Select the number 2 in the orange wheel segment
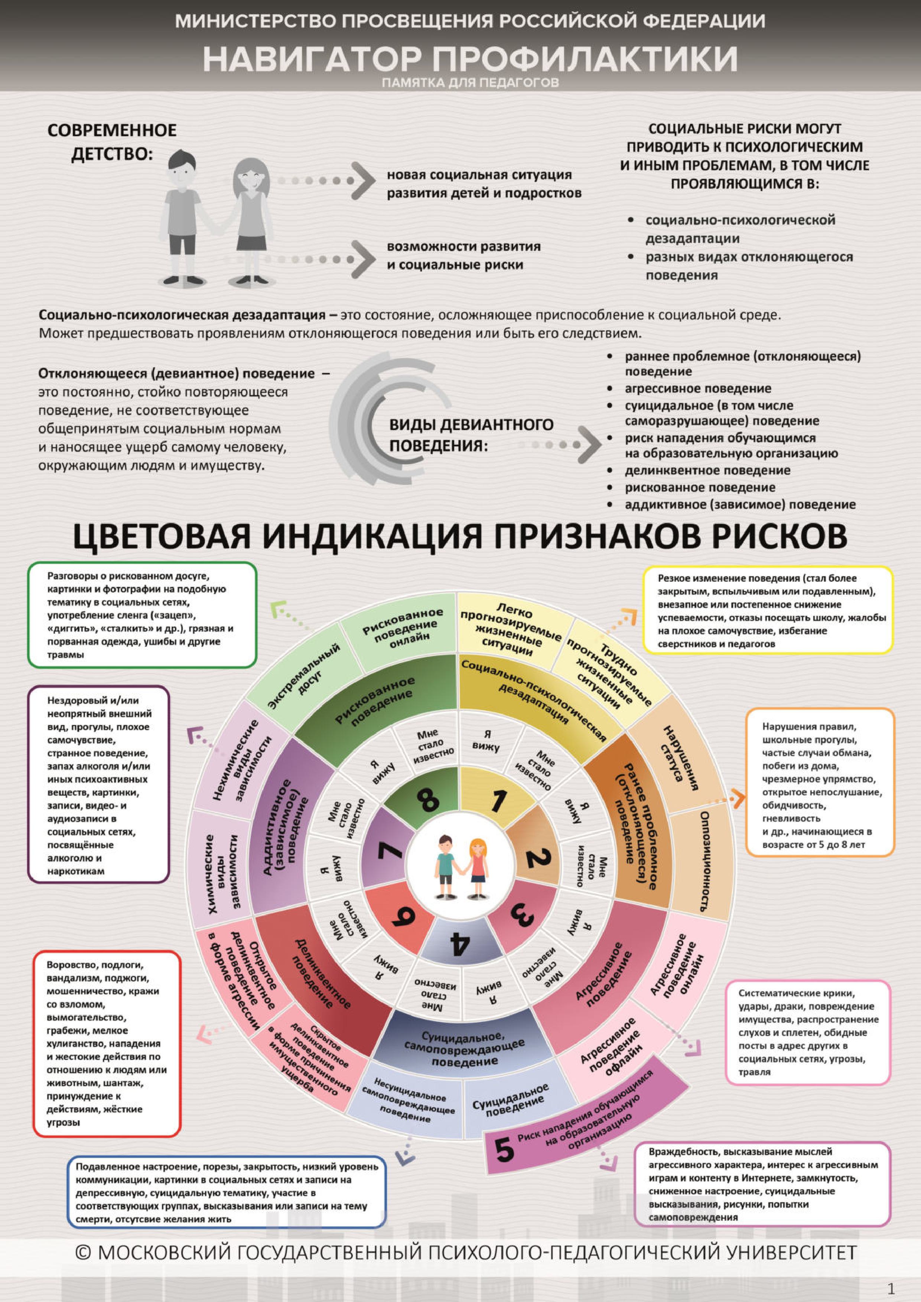(533, 857)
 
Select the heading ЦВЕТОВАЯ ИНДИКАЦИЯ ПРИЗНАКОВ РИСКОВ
(460, 536)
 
